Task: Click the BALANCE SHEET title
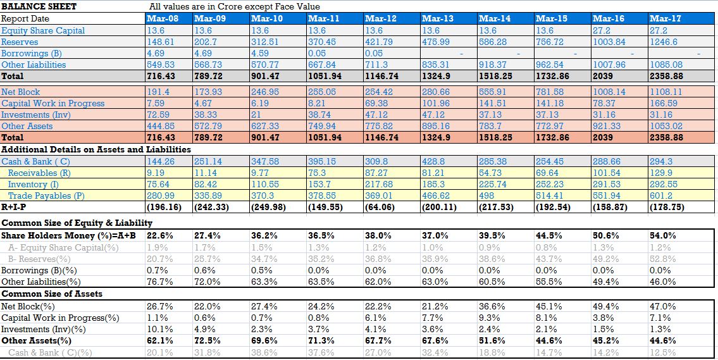coord(39,6)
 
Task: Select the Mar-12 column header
coord(380,18)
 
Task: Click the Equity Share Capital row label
coord(43,30)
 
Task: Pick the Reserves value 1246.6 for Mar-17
coord(663,42)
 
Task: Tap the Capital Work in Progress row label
coord(53,104)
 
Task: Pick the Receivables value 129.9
coord(661,173)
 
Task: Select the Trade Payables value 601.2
coord(661,196)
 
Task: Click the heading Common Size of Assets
coord(52,294)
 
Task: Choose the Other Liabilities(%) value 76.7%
coord(157,282)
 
